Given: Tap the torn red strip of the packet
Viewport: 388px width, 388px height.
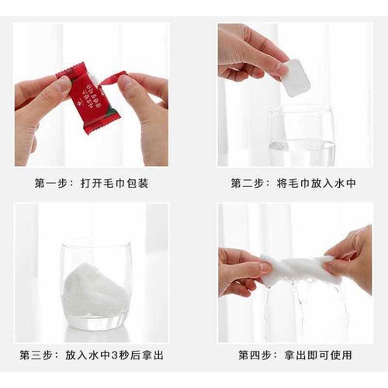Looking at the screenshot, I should [113, 77].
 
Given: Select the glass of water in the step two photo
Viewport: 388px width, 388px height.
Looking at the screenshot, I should [302, 137].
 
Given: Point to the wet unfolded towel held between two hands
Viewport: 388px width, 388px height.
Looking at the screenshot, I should [299, 268].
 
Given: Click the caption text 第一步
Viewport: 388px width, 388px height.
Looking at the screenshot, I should [52, 183].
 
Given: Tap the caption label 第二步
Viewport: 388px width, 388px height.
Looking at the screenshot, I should [248, 183].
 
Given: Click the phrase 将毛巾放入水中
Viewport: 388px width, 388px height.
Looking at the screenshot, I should [316, 183].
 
